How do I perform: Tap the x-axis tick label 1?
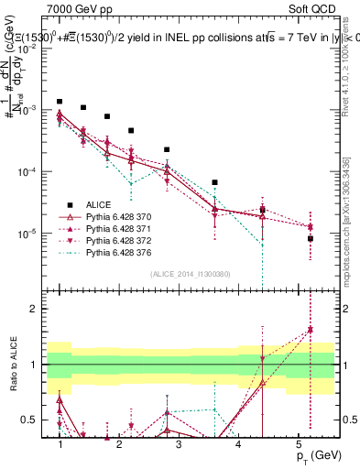60,444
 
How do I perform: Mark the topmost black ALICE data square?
60,102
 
